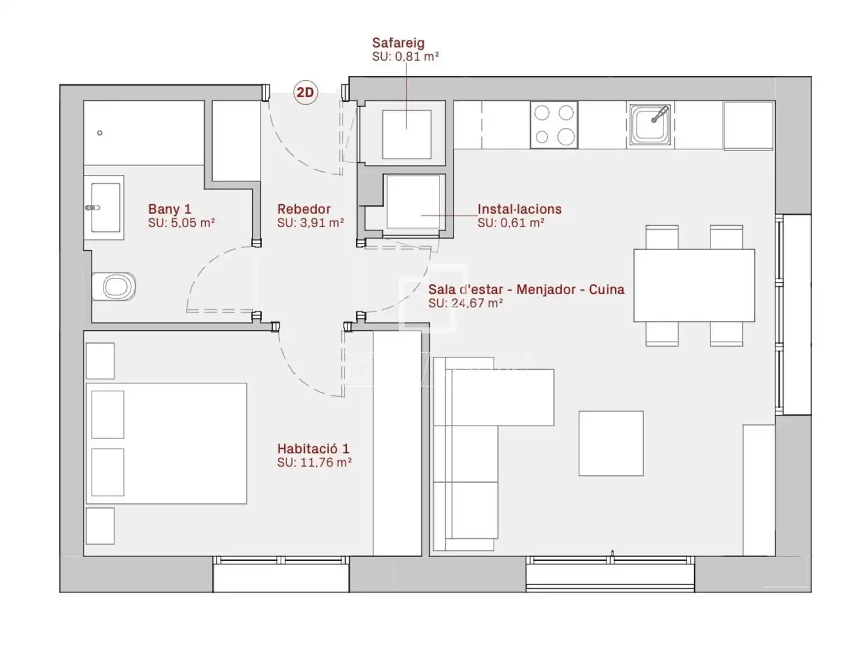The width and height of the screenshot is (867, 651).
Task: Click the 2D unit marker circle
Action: tap(305, 92)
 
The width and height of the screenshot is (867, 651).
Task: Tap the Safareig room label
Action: tap(398, 43)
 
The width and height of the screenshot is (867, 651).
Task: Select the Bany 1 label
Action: tap(169, 209)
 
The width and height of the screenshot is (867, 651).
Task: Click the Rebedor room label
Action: tap(303, 209)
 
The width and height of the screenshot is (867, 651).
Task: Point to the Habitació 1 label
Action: tap(313, 448)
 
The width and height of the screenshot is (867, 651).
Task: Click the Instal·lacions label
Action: tap(520, 209)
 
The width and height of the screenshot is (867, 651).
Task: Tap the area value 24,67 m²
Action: tap(477, 303)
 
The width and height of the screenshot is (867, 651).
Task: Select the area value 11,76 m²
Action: tap(326, 462)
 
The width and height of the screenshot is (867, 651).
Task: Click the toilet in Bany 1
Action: tap(114, 286)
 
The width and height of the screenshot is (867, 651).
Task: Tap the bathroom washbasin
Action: tap(104, 207)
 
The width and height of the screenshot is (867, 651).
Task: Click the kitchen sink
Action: tap(650, 125)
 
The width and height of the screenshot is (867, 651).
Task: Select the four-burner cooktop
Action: tap(554, 125)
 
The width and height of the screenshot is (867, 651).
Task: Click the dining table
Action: tap(694, 285)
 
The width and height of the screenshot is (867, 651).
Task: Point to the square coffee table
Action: tap(611, 443)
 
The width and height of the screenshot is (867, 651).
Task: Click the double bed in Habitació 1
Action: tap(166, 443)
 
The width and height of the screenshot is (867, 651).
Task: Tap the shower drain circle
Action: tap(100, 133)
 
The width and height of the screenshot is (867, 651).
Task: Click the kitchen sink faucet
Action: tap(660, 115)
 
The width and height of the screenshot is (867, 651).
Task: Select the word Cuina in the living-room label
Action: tap(606, 289)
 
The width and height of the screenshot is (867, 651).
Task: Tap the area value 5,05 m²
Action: tap(193, 222)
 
